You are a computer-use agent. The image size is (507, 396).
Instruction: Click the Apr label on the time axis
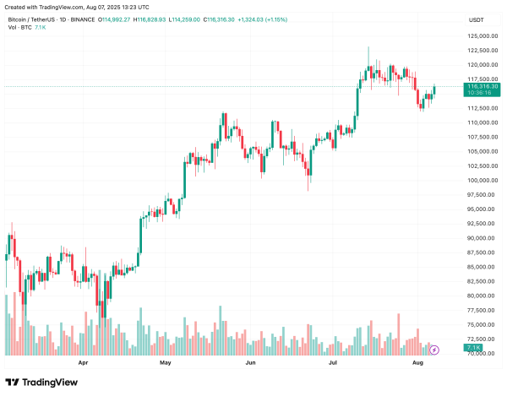tap(83, 363)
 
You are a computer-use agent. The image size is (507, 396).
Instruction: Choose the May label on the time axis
tap(166, 363)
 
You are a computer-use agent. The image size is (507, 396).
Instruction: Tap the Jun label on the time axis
tap(250, 363)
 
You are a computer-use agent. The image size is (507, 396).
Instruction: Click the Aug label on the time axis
tap(417, 363)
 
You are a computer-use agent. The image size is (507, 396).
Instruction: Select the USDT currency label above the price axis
tap(477, 19)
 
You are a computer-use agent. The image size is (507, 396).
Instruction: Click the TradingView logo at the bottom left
tap(41, 382)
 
